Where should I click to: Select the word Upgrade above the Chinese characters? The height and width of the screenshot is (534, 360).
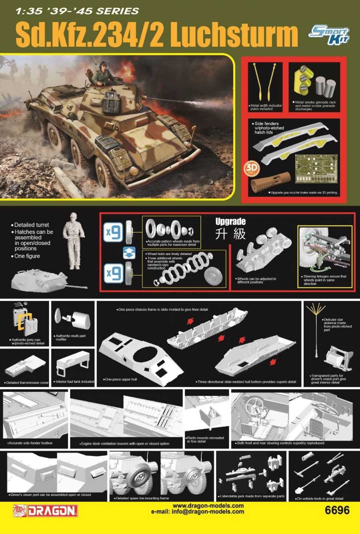(x=230, y=222)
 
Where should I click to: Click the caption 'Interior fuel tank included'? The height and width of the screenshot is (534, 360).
(x=75, y=382)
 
